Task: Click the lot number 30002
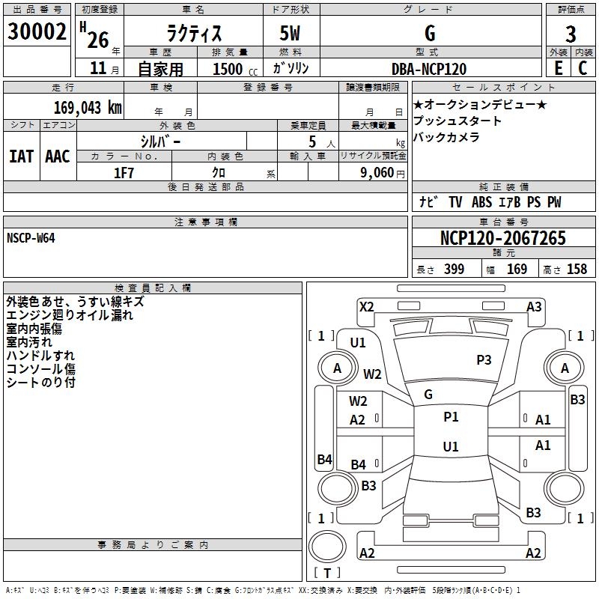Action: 37,31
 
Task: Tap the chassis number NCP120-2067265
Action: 502,238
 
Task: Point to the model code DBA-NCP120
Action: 429,69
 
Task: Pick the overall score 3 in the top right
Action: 571,34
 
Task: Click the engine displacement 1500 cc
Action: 228,69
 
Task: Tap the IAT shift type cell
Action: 21,156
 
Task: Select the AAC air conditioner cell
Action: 58,156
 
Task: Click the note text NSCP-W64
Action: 31,237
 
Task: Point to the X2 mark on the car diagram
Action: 366,306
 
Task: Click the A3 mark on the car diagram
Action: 534,306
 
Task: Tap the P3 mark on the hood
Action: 484,360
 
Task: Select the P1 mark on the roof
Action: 451,417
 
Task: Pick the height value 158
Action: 577,270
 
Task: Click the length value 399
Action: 453,270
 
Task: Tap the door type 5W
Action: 292,34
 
